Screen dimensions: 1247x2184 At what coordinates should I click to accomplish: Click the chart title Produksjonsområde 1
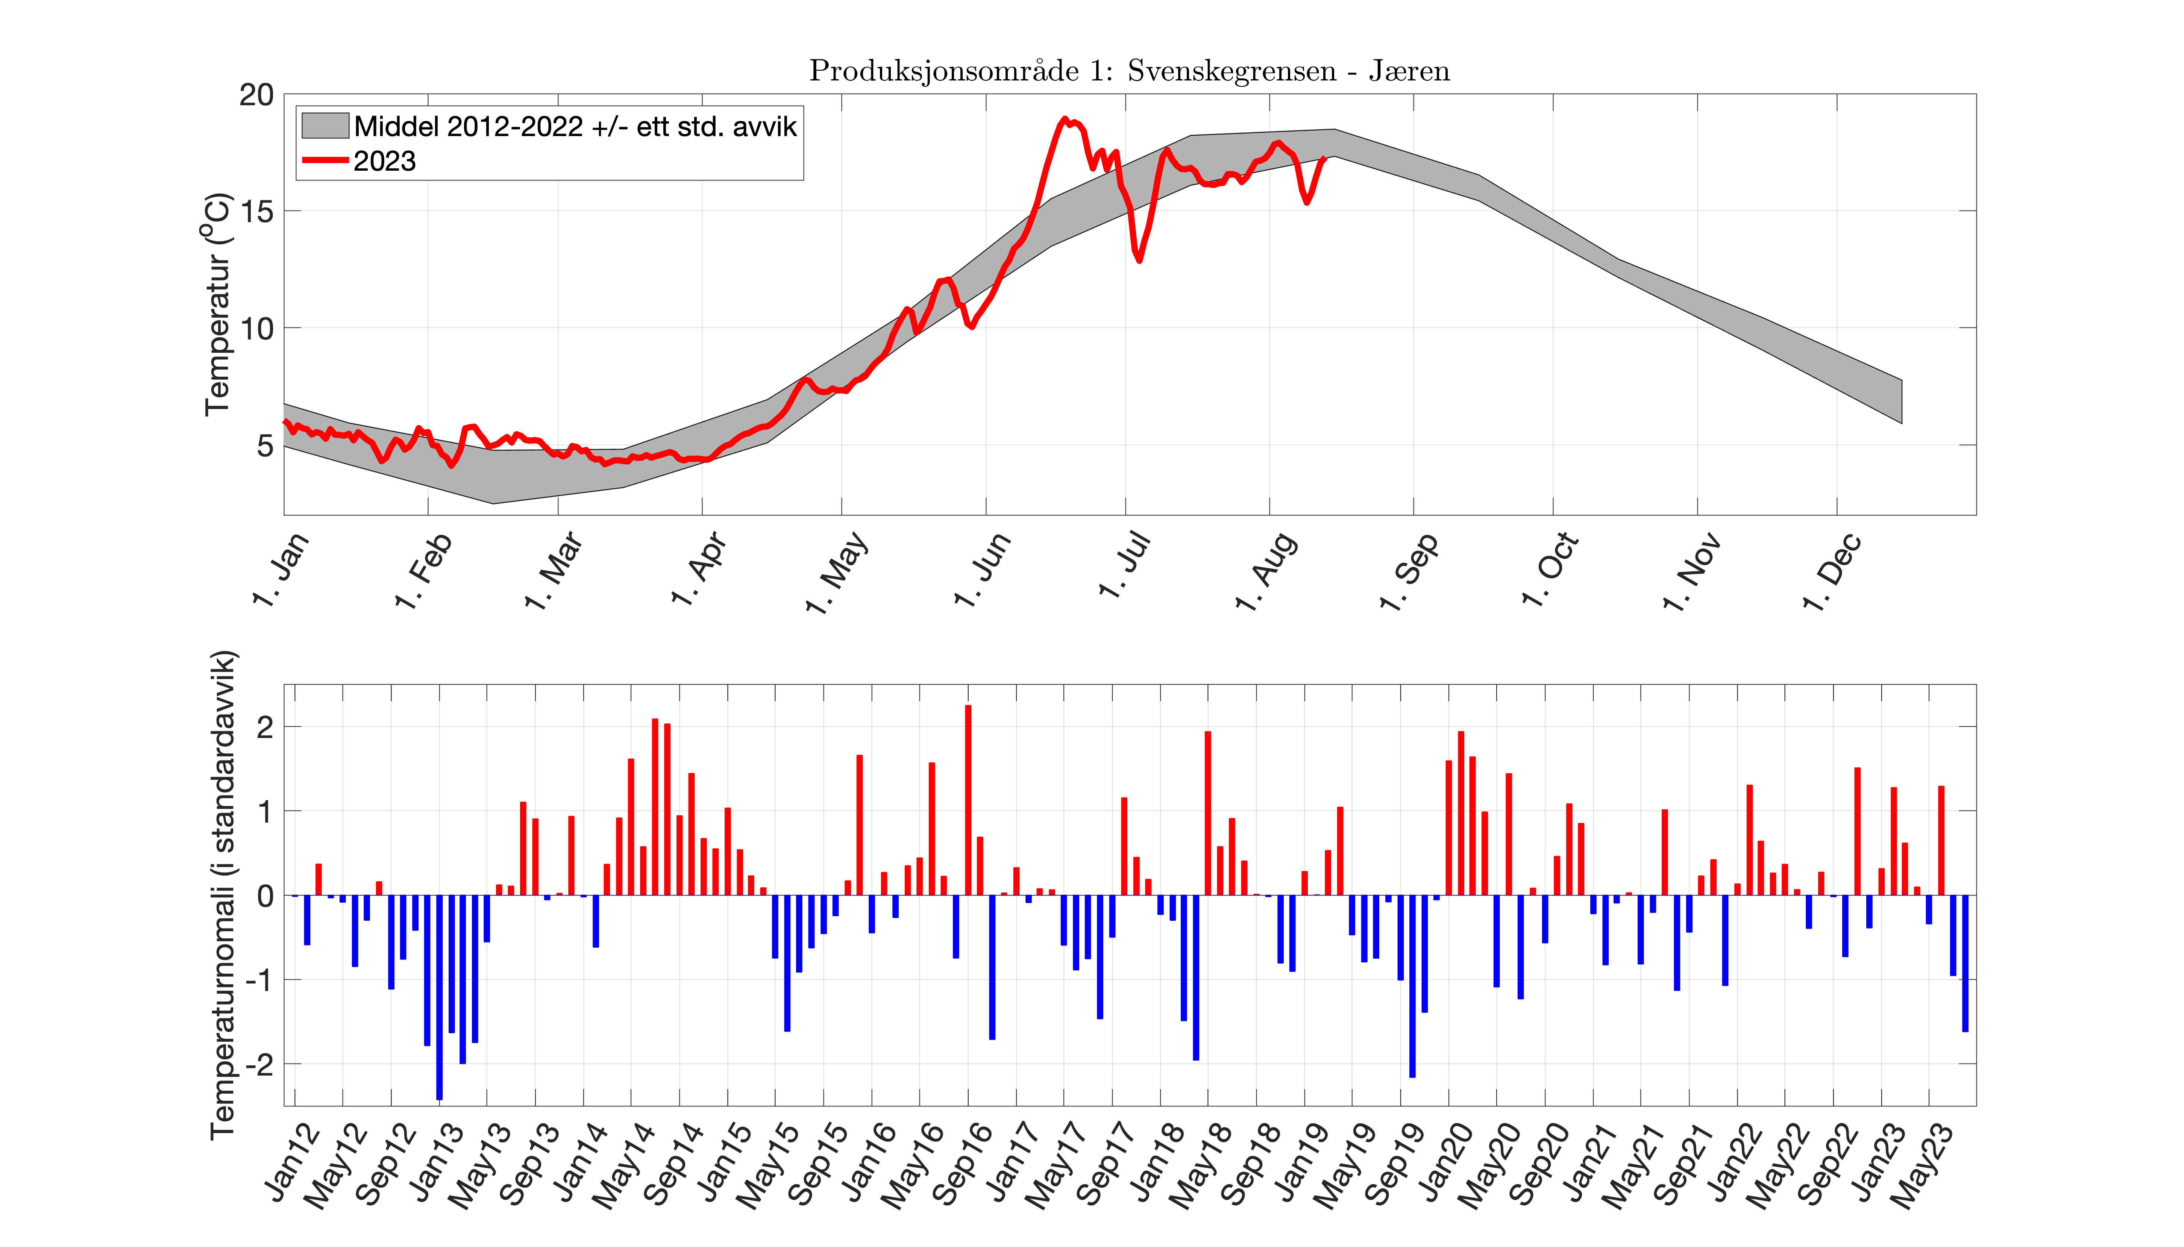(1129, 71)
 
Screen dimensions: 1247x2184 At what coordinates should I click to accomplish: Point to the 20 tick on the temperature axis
(256, 95)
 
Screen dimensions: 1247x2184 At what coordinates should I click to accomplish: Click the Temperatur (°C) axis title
(218, 304)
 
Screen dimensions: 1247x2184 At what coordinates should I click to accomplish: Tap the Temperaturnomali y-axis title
(223, 895)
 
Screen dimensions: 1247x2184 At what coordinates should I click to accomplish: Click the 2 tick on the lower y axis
(265, 727)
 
